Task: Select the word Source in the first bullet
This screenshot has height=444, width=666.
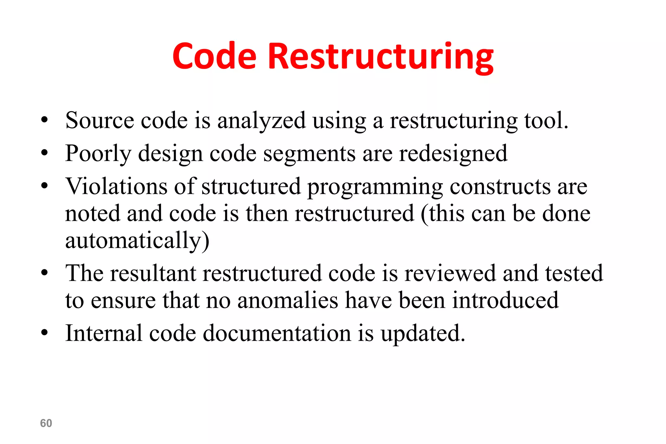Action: click(x=99, y=120)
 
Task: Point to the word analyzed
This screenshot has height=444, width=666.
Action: click(x=261, y=121)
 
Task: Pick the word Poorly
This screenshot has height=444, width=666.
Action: click(x=98, y=154)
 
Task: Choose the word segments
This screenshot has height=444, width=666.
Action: click(x=309, y=154)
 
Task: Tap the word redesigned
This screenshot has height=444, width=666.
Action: click(x=453, y=154)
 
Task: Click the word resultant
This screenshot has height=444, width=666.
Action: click(x=153, y=273)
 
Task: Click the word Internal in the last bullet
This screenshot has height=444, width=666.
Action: click(x=104, y=333)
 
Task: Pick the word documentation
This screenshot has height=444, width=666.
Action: click(x=277, y=333)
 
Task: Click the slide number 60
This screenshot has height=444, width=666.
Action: click(x=46, y=423)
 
